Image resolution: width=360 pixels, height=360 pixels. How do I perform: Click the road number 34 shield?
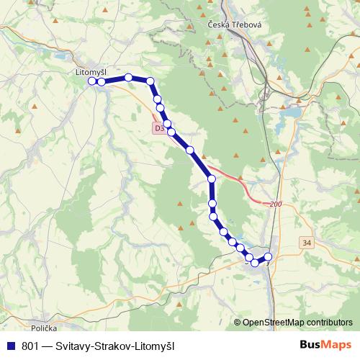click(x=307, y=243)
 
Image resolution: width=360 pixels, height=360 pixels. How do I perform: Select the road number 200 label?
click(x=276, y=205)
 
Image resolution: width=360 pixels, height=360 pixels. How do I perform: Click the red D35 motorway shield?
click(x=159, y=127)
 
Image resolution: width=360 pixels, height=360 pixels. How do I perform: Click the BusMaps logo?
click(x=326, y=346)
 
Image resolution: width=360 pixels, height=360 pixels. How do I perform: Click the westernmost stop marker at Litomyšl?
click(x=92, y=81)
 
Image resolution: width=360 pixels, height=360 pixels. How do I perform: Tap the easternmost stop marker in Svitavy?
click(x=269, y=257)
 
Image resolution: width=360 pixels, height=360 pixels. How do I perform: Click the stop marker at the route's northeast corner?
click(x=150, y=81)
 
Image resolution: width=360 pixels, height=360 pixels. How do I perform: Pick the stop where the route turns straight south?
click(x=212, y=179)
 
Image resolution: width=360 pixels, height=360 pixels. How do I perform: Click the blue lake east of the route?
click(x=292, y=112)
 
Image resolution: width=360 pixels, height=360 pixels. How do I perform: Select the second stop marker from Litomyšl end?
click(x=102, y=83)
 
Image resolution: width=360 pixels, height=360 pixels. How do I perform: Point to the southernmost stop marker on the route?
click(x=255, y=263)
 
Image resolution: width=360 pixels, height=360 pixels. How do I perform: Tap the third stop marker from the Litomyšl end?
click(x=128, y=77)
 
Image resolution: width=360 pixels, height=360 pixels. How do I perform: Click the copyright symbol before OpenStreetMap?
click(x=238, y=323)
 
